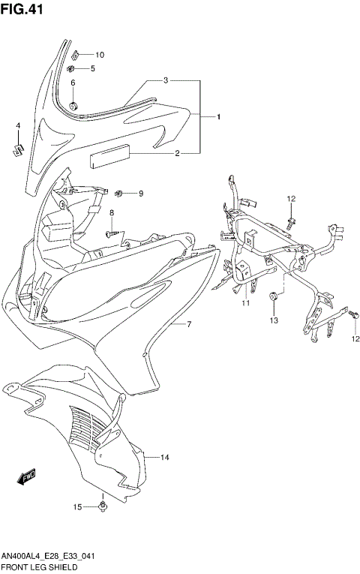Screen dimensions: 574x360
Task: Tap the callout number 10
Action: [x=100, y=55]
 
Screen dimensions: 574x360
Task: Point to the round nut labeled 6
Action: [x=73, y=104]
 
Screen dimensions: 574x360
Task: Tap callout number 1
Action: [x=218, y=117]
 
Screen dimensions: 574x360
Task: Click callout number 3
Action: [x=166, y=80]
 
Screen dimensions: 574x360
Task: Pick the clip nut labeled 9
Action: [x=120, y=194]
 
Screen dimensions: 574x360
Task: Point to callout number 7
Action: [x=189, y=324]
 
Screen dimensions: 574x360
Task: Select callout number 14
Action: [x=164, y=457]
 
